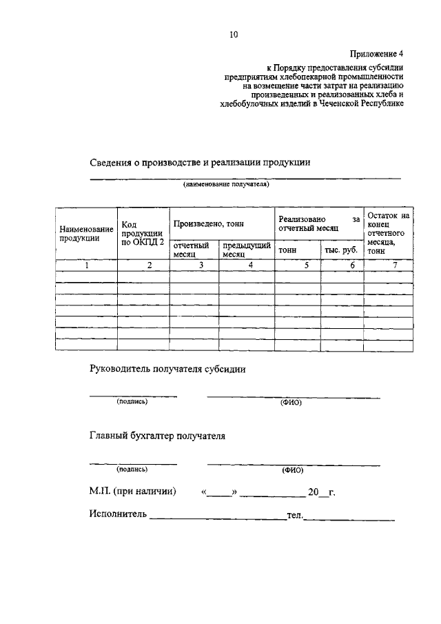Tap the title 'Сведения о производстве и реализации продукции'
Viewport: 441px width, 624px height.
(x=200, y=163)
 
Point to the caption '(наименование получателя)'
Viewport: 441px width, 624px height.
(x=225, y=185)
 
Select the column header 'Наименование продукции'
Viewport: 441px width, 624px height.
(x=85, y=233)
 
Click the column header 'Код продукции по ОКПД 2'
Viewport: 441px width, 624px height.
(x=143, y=233)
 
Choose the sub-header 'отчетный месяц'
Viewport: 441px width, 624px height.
(x=191, y=250)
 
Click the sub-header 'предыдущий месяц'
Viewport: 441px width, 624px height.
(x=245, y=250)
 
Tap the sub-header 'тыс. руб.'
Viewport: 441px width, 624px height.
(x=341, y=250)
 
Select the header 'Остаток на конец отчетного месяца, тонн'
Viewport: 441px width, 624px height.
(x=389, y=233)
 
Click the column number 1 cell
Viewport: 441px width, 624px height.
(x=87, y=265)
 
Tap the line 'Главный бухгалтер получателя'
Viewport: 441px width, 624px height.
(x=157, y=436)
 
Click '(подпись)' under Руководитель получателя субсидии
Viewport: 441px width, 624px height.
(x=132, y=402)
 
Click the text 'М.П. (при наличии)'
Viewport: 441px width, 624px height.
(x=132, y=492)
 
